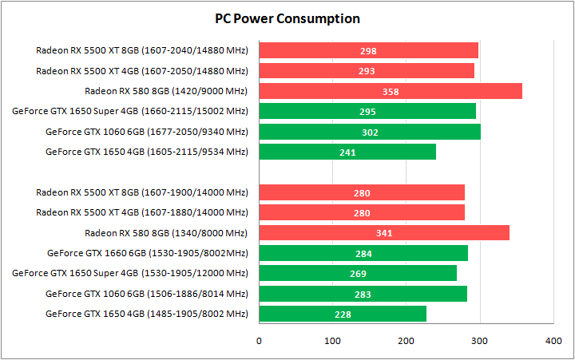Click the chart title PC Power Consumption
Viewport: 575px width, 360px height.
(x=287, y=18)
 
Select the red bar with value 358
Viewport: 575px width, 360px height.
(x=391, y=91)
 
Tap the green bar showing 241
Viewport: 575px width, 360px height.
(x=347, y=152)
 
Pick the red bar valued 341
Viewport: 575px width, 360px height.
(x=384, y=233)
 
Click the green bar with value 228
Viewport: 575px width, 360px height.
(x=343, y=314)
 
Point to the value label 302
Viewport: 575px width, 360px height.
(x=370, y=133)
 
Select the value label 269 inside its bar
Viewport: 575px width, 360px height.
(x=358, y=274)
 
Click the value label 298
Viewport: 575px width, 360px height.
(x=368, y=51)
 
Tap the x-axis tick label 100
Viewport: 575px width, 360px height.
(x=332, y=342)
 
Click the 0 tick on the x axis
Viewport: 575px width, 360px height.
(x=259, y=342)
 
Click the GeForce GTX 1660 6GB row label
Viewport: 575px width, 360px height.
(x=148, y=253)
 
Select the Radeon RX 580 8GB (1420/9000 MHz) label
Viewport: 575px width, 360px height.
(x=166, y=91)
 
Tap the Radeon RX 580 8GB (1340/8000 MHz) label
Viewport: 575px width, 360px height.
(x=166, y=233)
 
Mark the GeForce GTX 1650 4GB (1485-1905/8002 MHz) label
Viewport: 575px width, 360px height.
(x=147, y=314)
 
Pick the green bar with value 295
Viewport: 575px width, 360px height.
(x=367, y=111)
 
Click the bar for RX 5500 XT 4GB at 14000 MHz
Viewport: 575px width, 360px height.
(x=362, y=212)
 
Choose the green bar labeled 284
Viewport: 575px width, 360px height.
(x=363, y=253)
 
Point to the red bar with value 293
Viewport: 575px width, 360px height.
(x=367, y=71)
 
